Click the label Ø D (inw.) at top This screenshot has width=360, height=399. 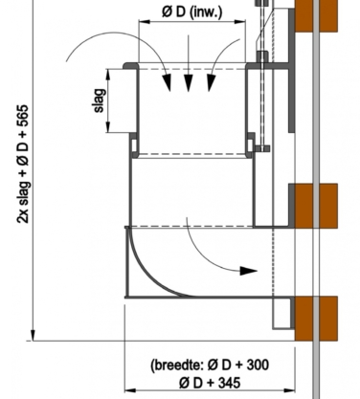191,12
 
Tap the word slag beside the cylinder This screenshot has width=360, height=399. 100,100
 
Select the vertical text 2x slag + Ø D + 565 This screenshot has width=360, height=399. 23,164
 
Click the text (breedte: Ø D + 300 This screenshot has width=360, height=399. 210,365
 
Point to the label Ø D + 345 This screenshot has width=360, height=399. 210,382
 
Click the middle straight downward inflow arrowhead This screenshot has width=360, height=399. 189,83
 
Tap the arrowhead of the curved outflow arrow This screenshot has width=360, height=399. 248,271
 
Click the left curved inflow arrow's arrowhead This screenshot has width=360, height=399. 167,82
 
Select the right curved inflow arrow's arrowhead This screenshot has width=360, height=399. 211,83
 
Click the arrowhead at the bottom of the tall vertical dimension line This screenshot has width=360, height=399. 33,335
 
